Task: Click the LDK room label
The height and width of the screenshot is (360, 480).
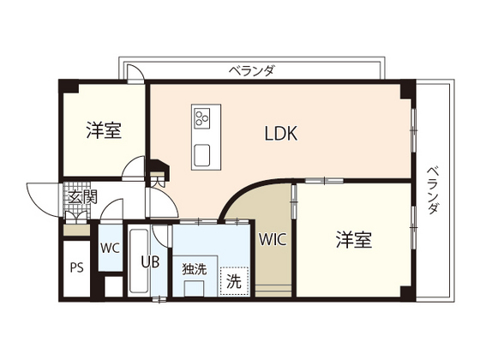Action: pyautogui.click(x=279, y=134)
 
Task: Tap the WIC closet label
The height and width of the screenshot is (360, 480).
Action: pyautogui.click(x=273, y=240)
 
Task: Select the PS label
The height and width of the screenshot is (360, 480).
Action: pyautogui.click(x=76, y=267)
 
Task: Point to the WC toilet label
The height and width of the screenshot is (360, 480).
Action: pyautogui.click(x=111, y=249)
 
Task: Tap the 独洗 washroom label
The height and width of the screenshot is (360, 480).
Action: pyautogui.click(x=195, y=267)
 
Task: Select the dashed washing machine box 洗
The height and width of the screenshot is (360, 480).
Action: pyautogui.click(x=233, y=279)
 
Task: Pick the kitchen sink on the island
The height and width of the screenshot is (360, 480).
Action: pyautogui.click(x=204, y=154)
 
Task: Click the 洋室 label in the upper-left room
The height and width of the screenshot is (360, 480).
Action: pyautogui.click(x=104, y=131)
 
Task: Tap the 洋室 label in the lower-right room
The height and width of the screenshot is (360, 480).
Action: pyautogui.click(x=353, y=240)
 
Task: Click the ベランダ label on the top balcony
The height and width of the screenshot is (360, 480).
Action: pyautogui.click(x=251, y=70)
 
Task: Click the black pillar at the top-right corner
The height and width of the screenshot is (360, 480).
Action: pyautogui.click(x=408, y=88)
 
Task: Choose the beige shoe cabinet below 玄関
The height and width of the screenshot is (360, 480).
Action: pyautogui.click(x=75, y=228)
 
